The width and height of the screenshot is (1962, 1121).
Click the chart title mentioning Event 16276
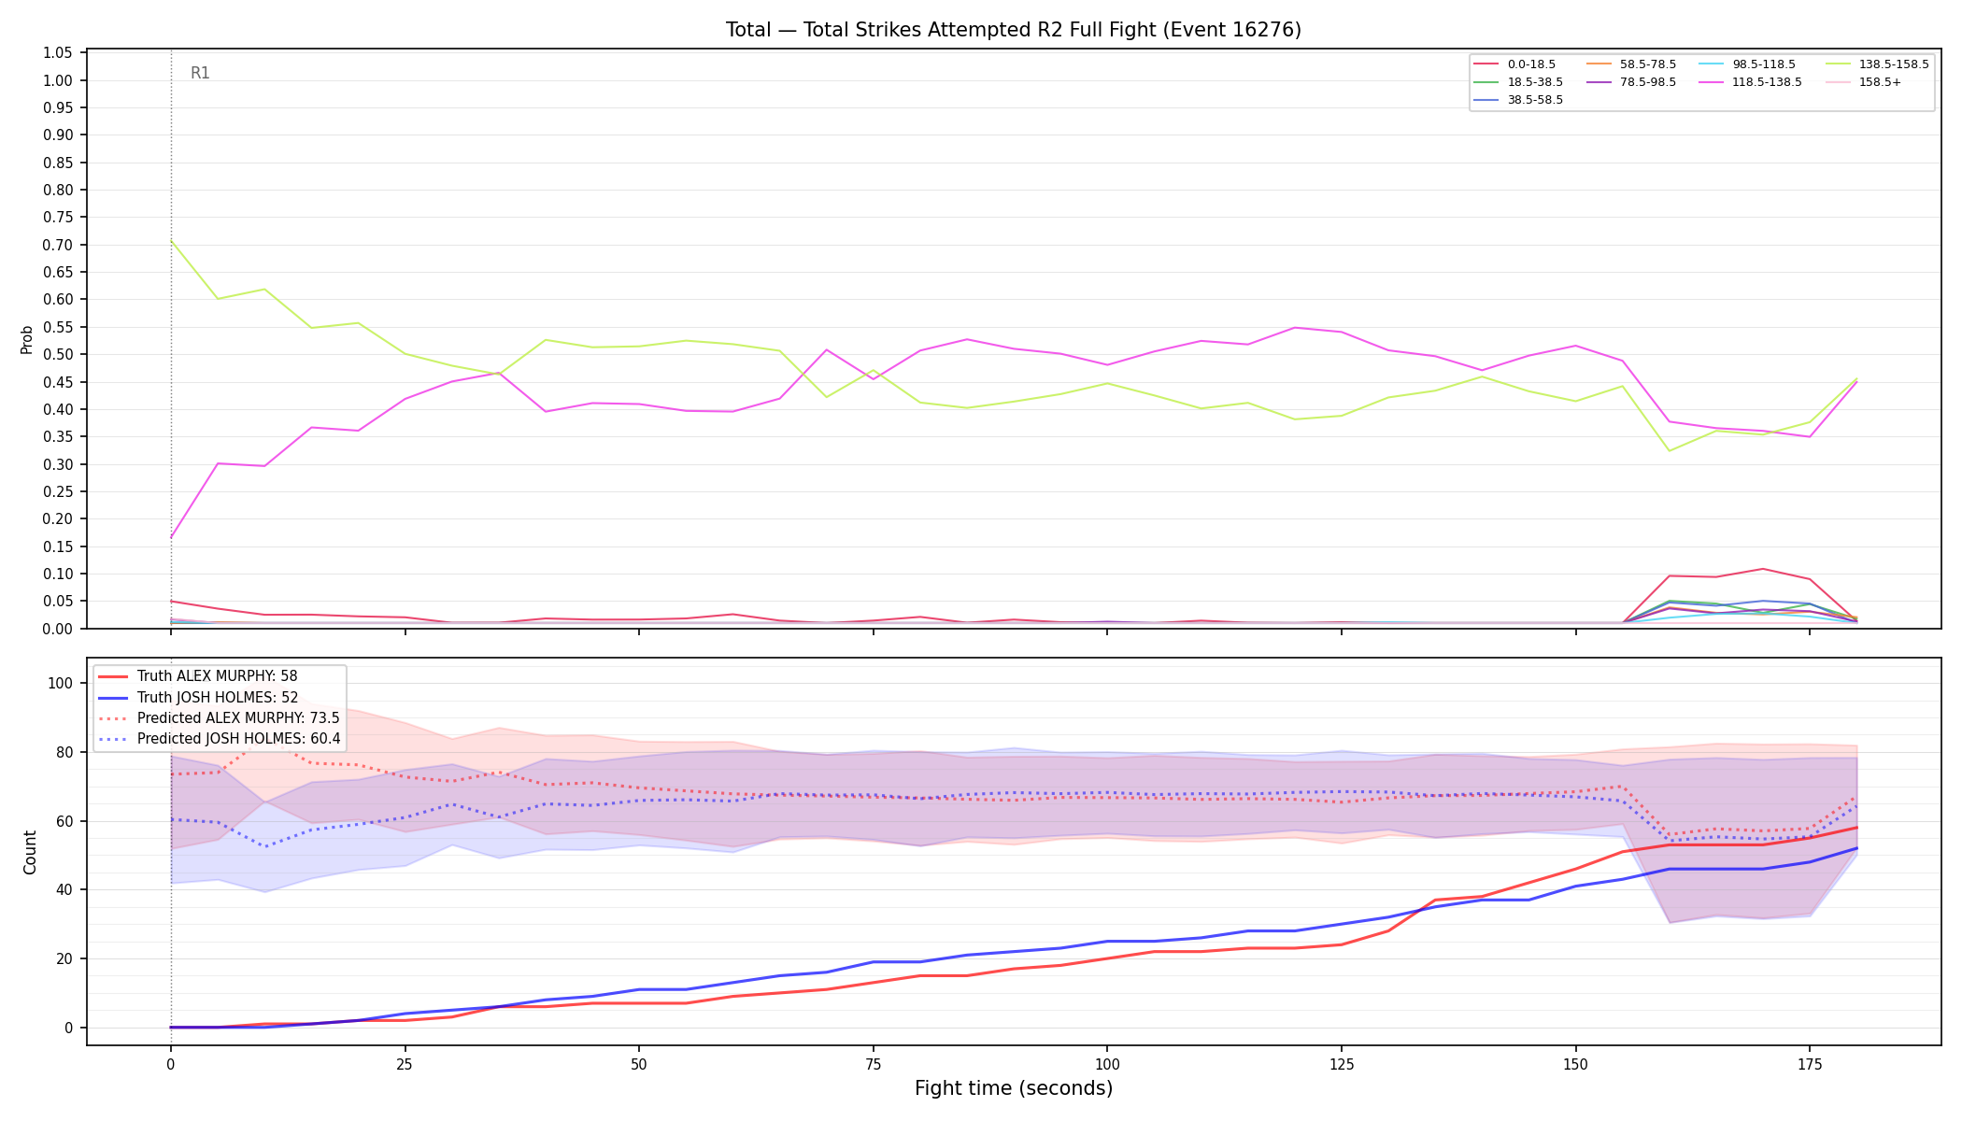click(1014, 30)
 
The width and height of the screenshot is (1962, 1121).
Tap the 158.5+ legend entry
click(1863, 82)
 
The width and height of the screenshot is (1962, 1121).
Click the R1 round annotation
click(200, 73)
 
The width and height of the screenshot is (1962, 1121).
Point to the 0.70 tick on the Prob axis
click(58, 245)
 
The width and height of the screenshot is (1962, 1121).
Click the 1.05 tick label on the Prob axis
click(58, 53)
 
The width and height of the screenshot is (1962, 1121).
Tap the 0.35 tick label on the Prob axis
click(58, 436)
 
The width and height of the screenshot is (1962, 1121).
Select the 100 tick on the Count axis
click(60, 683)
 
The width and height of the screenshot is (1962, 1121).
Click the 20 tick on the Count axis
click(64, 958)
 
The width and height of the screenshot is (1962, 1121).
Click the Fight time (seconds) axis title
click(1014, 1089)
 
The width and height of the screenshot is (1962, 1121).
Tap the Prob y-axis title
click(27, 339)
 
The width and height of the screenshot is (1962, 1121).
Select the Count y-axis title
click(30, 852)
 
